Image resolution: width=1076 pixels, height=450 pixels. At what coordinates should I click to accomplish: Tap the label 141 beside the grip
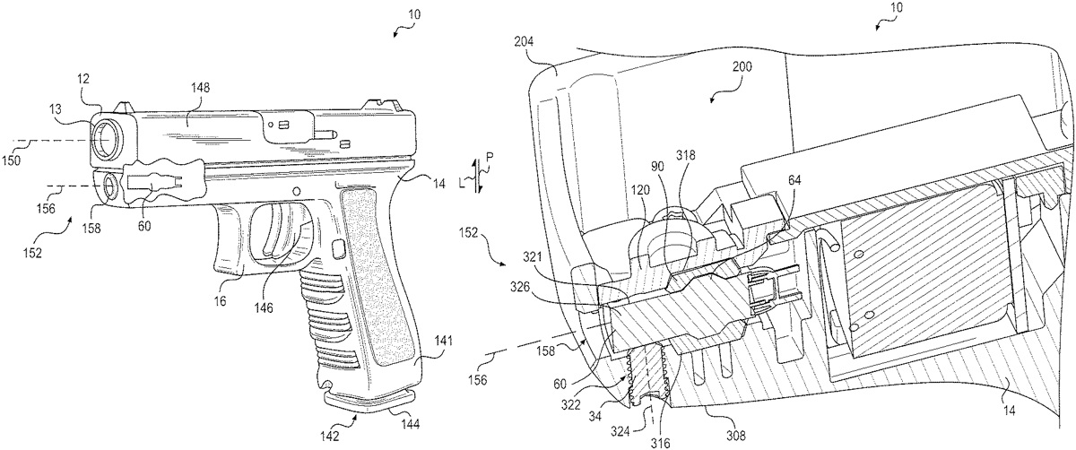coord(444,340)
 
